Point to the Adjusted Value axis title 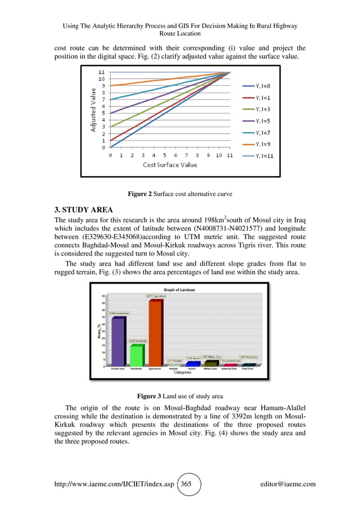click(93, 110)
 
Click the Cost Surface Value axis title click(169, 165)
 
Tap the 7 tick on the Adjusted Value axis click(103, 99)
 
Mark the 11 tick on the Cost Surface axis click(230, 155)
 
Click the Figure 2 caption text click(179, 194)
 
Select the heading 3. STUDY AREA click(84, 210)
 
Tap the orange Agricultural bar click(155, 333)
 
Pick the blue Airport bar click(193, 364)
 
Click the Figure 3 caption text click(179, 396)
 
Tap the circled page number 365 click(186, 483)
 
